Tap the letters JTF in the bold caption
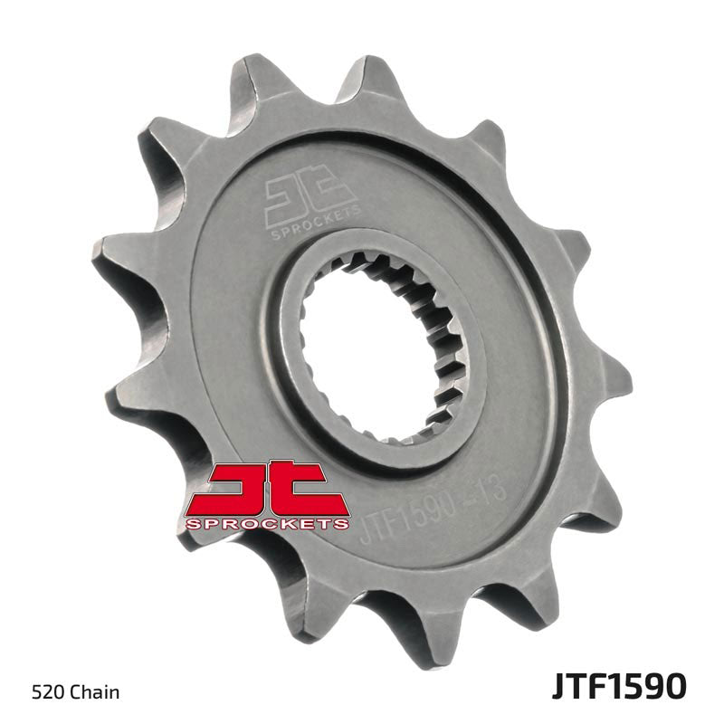tap(576, 687)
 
